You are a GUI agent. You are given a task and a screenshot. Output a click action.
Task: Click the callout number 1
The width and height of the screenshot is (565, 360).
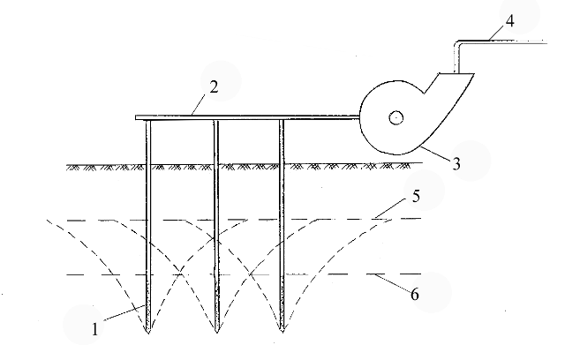(x=94, y=329)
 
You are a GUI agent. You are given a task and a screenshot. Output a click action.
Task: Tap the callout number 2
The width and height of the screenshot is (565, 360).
(x=214, y=87)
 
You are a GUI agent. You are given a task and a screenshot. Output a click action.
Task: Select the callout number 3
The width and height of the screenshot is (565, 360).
(x=456, y=164)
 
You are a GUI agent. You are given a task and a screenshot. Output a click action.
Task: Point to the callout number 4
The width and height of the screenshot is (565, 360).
(x=510, y=21)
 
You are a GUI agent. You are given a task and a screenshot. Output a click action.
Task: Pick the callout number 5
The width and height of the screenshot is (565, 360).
(x=416, y=196)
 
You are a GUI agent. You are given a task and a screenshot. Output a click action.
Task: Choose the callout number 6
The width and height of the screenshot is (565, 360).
(x=415, y=294)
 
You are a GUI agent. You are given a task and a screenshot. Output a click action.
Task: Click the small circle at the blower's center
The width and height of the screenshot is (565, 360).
(x=396, y=117)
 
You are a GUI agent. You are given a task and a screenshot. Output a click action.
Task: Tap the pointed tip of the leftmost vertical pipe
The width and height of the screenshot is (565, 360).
(x=148, y=333)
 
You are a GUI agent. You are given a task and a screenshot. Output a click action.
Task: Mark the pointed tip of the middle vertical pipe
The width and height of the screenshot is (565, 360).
(x=216, y=332)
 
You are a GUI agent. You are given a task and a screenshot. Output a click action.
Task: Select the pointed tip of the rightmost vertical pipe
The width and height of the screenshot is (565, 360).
(x=282, y=331)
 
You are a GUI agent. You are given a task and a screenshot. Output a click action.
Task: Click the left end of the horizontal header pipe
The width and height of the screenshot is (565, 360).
(x=136, y=117)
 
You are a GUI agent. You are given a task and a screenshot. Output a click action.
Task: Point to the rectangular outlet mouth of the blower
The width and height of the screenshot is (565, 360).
(x=456, y=74)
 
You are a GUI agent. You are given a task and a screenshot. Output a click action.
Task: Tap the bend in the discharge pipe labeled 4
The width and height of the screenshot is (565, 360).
(x=457, y=44)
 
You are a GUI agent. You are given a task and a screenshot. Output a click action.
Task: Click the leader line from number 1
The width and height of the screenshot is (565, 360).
(x=124, y=312)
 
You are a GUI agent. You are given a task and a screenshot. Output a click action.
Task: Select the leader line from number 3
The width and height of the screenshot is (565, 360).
(x=434, y=153)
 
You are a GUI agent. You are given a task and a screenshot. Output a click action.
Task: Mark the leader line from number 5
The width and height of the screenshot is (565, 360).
(x=392, y=208)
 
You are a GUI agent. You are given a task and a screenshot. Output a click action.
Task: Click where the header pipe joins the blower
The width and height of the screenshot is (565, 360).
(x=359, y=117)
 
